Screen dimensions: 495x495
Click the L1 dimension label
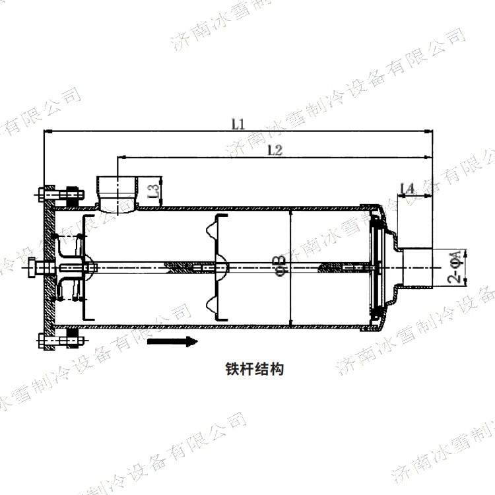(x=238, y=123)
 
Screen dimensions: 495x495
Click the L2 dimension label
(x=275, y=150)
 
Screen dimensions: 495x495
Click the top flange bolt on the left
(x=59, y=195)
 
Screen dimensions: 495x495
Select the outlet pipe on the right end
(x=416, y=268)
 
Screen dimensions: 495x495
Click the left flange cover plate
(x=48, y=268)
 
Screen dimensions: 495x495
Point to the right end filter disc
(x=376, y=268)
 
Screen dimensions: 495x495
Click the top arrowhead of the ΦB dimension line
(x=290, y=213)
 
